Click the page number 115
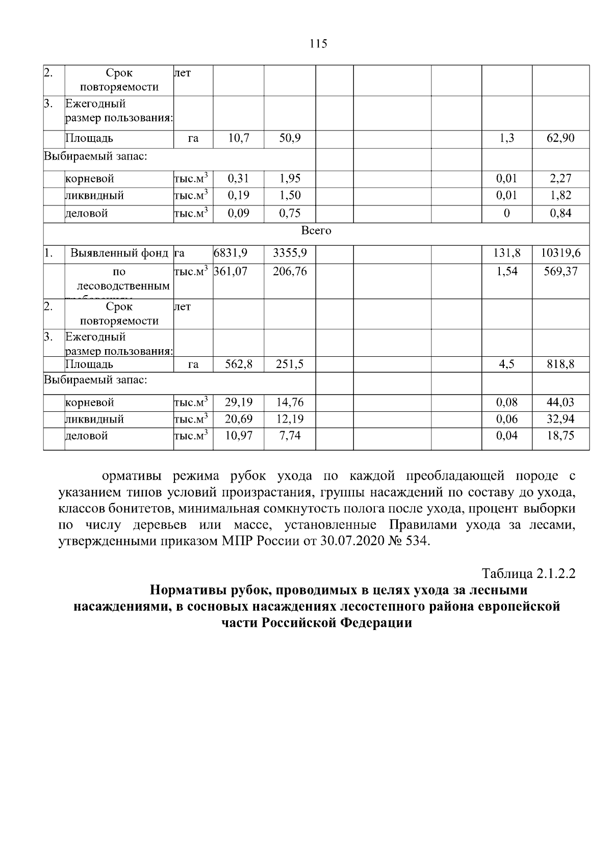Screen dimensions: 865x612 [318, 44]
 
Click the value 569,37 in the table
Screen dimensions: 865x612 [561, 272]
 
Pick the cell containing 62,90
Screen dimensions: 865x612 [560, 138]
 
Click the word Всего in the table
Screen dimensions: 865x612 [316, 231]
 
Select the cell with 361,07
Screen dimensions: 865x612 [231, 272]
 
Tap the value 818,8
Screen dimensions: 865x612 [560, 364]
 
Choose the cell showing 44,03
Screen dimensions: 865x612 [560, 402]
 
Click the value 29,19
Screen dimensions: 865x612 [239, 402]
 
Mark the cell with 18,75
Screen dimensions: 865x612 [560, 436]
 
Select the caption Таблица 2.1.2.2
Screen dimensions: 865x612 [528, 573]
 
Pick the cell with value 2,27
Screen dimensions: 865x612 [560, 178]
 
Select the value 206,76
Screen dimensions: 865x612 [290, 272]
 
